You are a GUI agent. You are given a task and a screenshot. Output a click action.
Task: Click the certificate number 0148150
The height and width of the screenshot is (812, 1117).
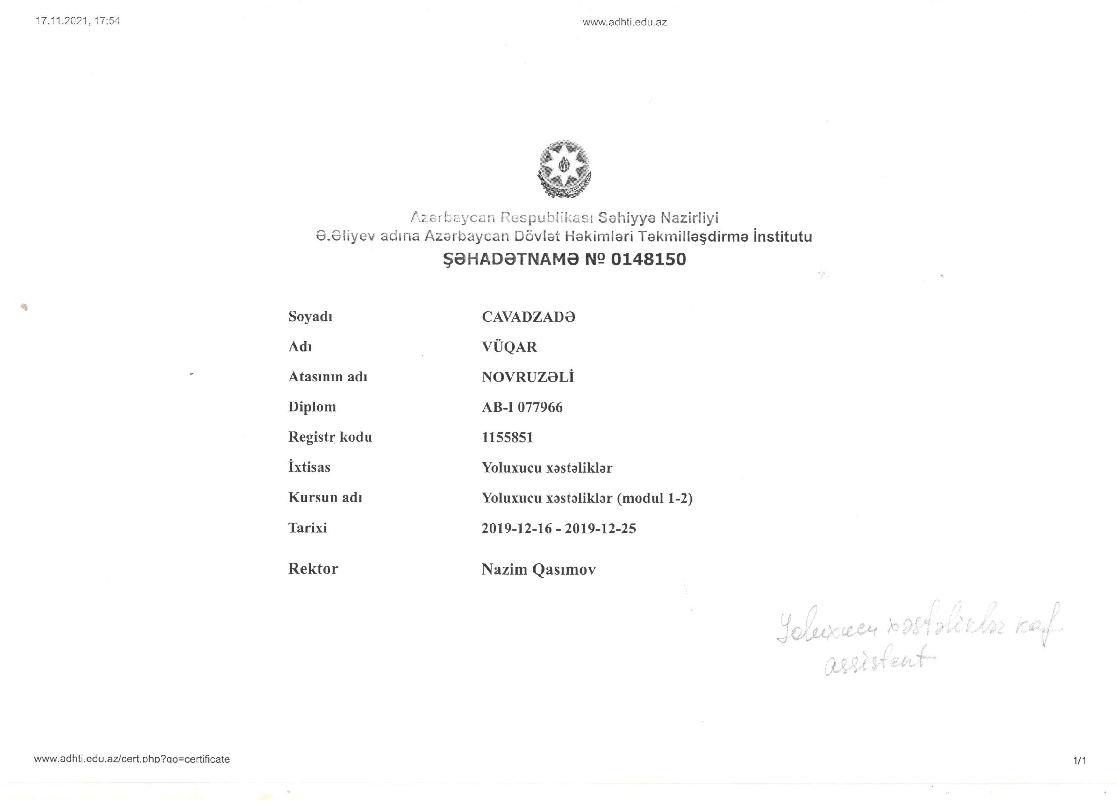point(648,260)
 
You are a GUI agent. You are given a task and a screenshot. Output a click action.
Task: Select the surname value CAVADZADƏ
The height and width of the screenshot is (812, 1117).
point(528,317)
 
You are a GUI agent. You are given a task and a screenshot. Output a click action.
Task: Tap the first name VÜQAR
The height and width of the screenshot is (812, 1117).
point(509,347)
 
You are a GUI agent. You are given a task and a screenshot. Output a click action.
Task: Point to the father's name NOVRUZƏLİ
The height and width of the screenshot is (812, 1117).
point(528,377)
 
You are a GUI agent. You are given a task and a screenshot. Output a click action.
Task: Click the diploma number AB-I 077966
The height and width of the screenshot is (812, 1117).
point(522,407)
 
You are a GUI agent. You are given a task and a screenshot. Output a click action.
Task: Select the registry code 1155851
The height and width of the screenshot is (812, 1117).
point(507,437)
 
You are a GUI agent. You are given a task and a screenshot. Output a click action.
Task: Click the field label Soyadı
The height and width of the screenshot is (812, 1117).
point(310,317)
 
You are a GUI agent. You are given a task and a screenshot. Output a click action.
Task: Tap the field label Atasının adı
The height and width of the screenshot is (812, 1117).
point(327,377)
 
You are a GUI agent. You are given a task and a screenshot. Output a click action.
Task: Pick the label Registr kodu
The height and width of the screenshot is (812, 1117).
point(330,437)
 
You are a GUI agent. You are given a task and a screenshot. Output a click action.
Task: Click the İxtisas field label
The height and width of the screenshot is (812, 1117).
point(309,467)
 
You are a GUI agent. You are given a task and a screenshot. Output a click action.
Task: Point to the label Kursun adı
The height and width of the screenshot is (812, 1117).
point(325,497)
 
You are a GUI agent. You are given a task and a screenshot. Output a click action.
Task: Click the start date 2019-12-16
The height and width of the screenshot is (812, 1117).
point(517,528)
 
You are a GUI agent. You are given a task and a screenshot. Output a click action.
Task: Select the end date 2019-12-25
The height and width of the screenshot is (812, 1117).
point(600,528)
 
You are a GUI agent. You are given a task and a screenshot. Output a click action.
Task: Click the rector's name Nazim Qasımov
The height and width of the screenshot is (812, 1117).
point(538,570)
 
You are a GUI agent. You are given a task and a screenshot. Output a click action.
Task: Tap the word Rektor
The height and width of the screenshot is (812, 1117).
point(313,569)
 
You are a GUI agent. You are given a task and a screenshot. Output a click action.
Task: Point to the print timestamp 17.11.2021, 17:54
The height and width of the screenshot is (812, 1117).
point(78,21)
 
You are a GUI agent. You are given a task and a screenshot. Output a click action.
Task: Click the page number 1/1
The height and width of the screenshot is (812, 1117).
point(1079,761)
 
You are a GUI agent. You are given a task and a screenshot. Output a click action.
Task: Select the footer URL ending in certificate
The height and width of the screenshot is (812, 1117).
point(132,759)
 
